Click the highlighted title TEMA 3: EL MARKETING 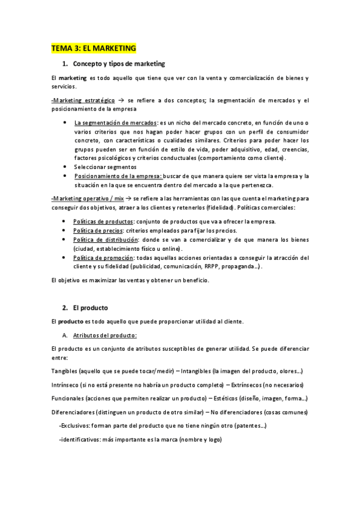(x=93, y=48)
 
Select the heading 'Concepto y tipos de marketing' (x=118, y=63)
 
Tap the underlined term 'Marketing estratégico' (x=84, y=100)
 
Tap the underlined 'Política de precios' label (x=98, y=230)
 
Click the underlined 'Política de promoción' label (x=103, y=257)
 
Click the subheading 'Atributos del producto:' (x=105, y=335)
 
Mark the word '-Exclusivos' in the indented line (x=75, y=426)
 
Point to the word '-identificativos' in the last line (x=79, y=439)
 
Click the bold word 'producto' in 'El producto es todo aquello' (x=72, y=322)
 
